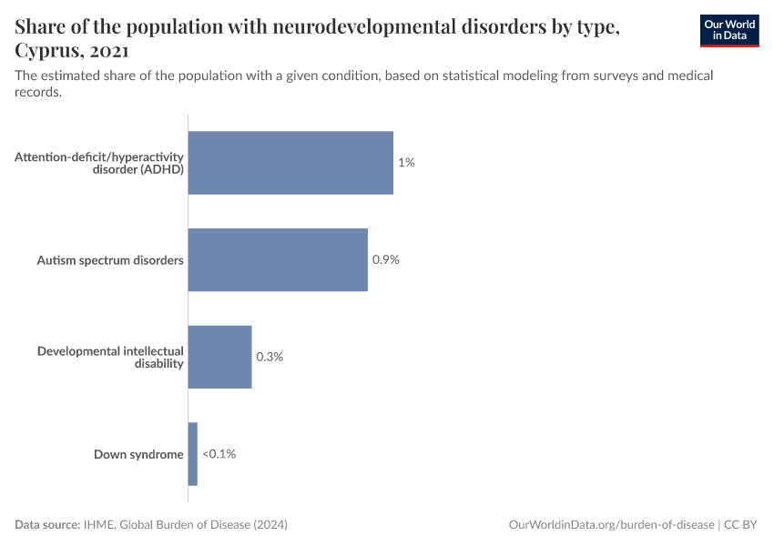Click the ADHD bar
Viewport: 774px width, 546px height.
tap(290, 163)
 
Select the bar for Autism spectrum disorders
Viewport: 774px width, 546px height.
tap(278, 259)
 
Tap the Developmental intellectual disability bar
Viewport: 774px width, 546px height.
tap(219, 357)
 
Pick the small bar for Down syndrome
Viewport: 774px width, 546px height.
tap(192, 453)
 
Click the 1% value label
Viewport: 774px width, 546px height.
tap(406, 163)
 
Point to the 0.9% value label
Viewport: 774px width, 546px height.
tap(386, 259)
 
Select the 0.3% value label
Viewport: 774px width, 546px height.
tap(270, 357)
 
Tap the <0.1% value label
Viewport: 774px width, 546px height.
tap(219, 453)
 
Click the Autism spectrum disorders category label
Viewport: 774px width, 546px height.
tap(110, 260)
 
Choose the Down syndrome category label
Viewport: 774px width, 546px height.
tap(138, 454)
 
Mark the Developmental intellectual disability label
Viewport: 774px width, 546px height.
tap(110, 357)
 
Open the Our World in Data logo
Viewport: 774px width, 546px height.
tap(728, 31)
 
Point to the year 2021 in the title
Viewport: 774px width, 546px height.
tap(108, 51)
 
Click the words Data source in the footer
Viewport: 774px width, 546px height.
tap(47, 525)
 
